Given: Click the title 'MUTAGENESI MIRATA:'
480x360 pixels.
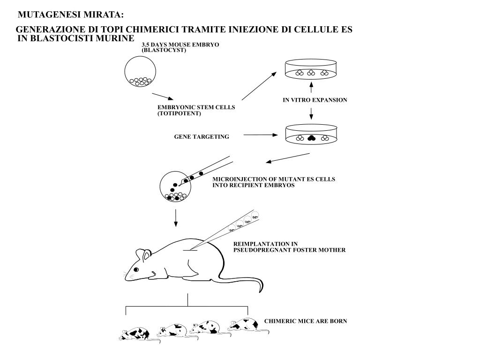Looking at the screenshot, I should [x=71, y=15].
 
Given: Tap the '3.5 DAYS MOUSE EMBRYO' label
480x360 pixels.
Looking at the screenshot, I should [x=174, y=45].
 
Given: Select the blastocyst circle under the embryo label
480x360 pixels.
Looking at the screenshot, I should [x=140, y=72].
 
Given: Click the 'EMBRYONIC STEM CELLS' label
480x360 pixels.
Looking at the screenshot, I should [x=196, y=108].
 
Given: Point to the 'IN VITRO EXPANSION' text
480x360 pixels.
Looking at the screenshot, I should [x=315, y=100].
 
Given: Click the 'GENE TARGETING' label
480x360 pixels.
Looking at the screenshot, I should [x=202, y=137].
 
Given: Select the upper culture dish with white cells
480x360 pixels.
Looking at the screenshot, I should [x=311, y=70].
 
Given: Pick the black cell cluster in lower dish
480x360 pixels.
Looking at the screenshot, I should [x=311, y=137].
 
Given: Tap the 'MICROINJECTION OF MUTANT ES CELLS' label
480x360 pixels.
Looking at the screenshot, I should [x=274, y=180].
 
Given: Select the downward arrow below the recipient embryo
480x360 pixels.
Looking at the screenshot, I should [x=176, y=218].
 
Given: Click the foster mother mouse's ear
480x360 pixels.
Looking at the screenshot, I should [x=147, y=255].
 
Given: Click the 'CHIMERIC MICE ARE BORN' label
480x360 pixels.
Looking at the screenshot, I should [x=305, y=321].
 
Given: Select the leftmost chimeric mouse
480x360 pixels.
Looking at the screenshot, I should [x=135, y=333].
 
